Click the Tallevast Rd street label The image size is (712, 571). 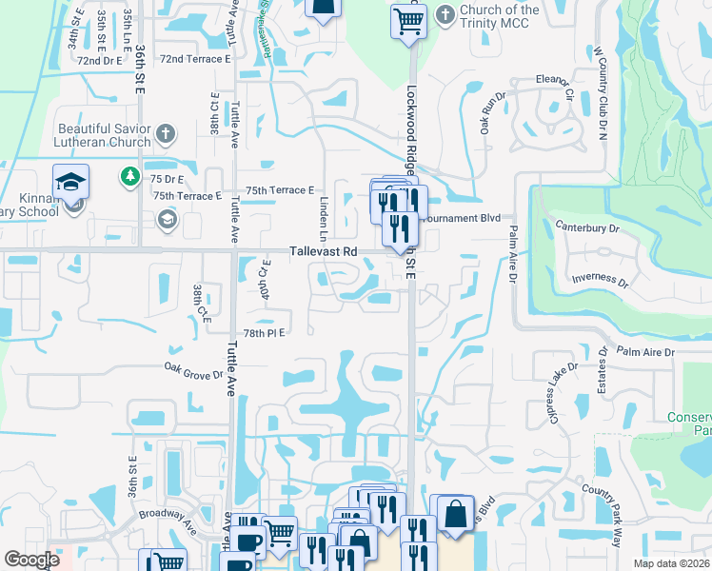coord(323,251)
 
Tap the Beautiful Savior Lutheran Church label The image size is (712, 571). coord(104,135)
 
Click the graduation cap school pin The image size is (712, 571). coord(70,181)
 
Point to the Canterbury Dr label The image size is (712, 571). coord(586,228)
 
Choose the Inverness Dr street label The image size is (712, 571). coord(600,283)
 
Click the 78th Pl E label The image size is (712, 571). coord(264,332)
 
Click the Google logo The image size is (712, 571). coord(31,560)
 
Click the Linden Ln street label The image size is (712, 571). coord(324,219)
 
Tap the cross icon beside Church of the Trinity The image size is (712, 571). coord(445,15)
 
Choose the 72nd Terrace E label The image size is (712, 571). coord(195,59)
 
